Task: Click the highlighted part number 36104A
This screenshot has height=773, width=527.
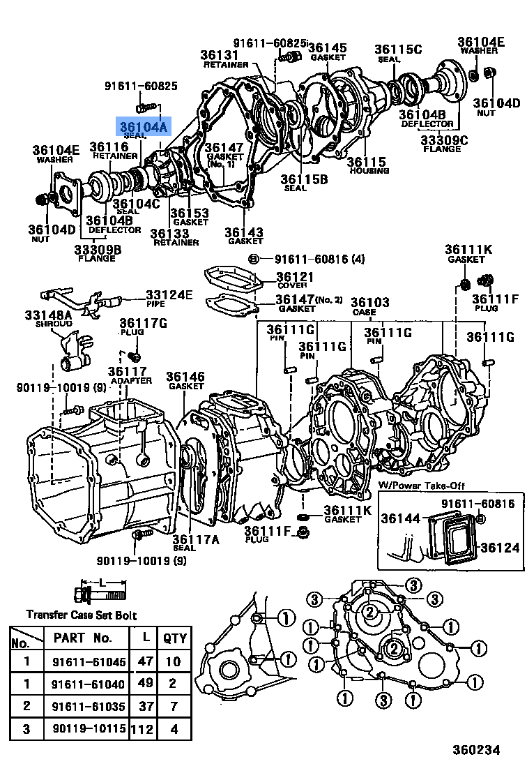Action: [x=143, y=127]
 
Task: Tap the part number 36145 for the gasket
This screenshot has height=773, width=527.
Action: [x=327, y=47]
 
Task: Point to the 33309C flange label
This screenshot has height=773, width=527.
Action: [x=444, y=139]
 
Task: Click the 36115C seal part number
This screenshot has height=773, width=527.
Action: [x=397, y=50]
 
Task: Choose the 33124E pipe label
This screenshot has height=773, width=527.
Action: [x=169, y=294]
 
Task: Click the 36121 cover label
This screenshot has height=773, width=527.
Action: [x=294, y=277]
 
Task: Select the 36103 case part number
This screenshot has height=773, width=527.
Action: [x=370, y=303]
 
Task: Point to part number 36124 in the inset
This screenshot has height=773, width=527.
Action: [x=500, y=548]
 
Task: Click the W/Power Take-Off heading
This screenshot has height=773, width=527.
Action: [x=421, y=486]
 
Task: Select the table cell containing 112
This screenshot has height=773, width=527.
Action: [x=146, y=729]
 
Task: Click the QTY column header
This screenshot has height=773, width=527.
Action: [x=175, y=638]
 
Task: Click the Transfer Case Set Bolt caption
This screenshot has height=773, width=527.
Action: [x=82, y=615]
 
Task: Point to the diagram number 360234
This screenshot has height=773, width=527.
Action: [x=476, y=750]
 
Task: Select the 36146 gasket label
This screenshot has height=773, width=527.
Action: [x=185, y=377]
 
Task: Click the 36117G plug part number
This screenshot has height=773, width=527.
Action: [x=143, y=323]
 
